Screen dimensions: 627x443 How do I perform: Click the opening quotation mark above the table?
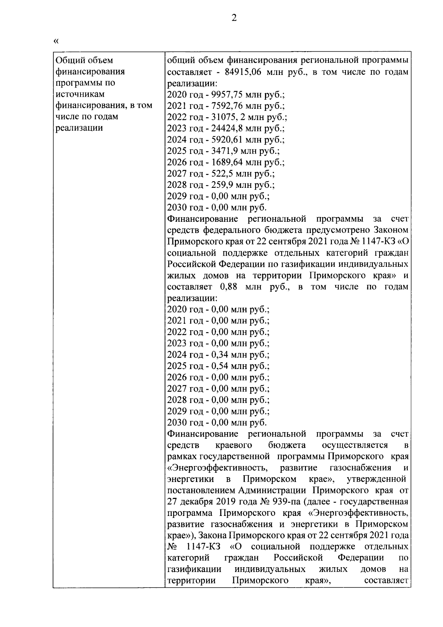56,41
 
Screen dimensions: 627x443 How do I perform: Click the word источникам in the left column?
79,94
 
